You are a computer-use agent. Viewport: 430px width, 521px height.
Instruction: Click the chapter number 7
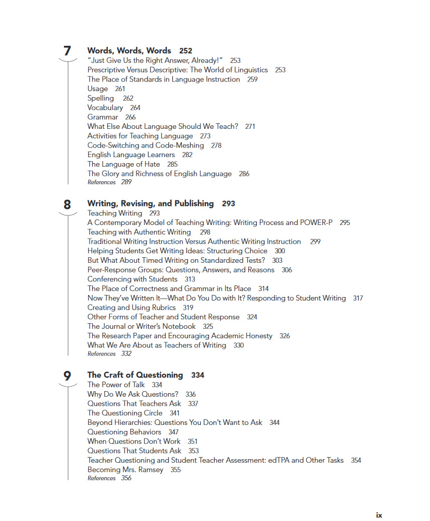click(x=67, y=51)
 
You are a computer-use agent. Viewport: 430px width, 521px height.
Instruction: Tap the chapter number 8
click(x=67, y=204)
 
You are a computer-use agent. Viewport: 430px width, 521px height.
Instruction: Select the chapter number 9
click(x=67, y=376)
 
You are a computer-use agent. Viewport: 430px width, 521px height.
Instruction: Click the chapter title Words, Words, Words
click(x=129, y=51)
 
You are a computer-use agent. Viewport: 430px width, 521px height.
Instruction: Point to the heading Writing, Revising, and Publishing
click(x=150, y=204)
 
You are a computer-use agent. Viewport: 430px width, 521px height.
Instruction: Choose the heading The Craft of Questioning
click(x=135, y=375)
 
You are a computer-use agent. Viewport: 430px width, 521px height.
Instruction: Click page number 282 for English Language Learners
click(x=187, y=155)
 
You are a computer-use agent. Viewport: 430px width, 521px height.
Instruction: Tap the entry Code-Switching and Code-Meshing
click(x=146, y=145)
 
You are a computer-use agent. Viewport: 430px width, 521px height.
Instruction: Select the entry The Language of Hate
click(x=123, y=164)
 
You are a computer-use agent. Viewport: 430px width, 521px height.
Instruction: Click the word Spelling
click(x=101, y=98)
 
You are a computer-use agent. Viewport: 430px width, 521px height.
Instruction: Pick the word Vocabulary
click(x=105, y=108)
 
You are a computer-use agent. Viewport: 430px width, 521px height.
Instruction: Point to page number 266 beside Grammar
click(x=130, y=117)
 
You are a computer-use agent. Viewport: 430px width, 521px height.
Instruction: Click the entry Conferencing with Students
click(x=132, y=279)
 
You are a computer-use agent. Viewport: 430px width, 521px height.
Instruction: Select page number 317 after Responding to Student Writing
click(x=358, y=299)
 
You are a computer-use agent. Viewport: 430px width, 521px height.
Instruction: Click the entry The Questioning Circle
click(x=125, y=413)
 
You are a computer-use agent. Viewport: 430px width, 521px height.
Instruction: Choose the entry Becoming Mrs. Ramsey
click(x=125, y=470)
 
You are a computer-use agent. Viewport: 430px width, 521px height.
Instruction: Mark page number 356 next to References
click(x=126, y=478)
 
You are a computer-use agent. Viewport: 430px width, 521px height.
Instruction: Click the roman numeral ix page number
click(x=379, y=515)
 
